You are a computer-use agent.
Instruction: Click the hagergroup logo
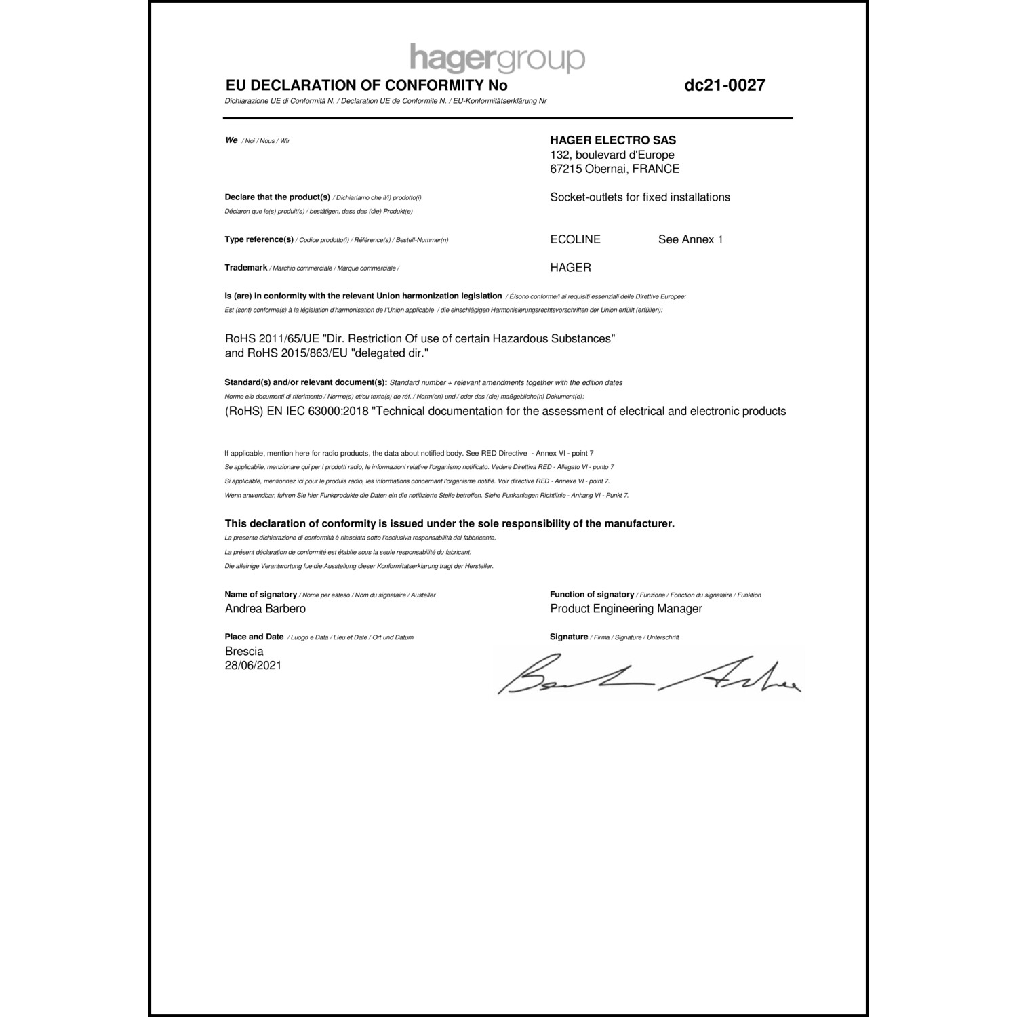pyautogui.click(x=497, y=58)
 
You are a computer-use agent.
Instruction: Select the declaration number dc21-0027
pyautogui.click(x=725, y=85)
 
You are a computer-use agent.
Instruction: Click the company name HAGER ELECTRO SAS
pyautogui.click(x=613, y=140)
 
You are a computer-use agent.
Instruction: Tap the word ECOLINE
pyautogui.click(x=576, y=239)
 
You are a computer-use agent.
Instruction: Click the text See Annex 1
pyautogui.click(x=690, y=239)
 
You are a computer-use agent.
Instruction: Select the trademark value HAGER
pyautogui.click(x=571, y=268)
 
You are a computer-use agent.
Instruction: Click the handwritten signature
pyautogui.click(x=649, y=675)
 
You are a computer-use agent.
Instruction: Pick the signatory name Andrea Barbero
pyautogui.click(x=265, y=609)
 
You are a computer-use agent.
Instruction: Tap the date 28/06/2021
pyautogui.click(x=253, y=666)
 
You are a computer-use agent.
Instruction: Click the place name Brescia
pyautogui.click(x=244, y=652)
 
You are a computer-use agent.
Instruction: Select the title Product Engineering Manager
pyautogui.click(x=626, y=609)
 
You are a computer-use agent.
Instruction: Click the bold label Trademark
pyautogui.click(x=245, y=268)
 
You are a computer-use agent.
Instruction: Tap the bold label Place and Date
pyautogui.click(x=254, y=637)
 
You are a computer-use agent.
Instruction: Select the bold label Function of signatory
pyautogui.click(x=592, y=595)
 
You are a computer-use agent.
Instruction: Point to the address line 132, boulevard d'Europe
pyautogui.click(x=612, y=155)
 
